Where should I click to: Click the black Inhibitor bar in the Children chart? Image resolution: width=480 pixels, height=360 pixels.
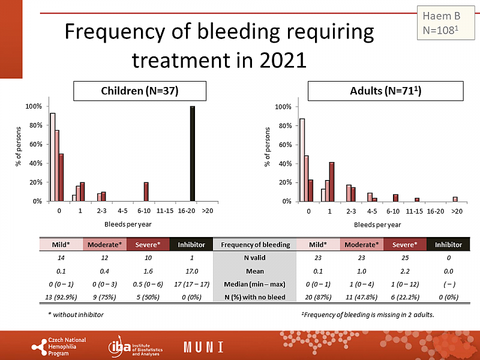193,154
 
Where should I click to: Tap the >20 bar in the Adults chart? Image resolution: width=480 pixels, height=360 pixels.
455,199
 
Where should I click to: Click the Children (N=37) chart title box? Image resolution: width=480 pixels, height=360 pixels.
140,91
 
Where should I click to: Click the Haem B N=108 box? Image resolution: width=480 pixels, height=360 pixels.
441,22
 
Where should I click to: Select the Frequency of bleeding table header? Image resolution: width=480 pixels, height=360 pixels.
255,244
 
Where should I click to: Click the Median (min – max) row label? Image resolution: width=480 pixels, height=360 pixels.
255,283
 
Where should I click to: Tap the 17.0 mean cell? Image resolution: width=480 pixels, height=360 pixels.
191,270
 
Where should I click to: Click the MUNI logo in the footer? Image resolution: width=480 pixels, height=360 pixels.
204,347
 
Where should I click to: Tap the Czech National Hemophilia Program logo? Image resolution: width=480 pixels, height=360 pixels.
59,346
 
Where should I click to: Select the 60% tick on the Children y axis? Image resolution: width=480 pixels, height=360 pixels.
34,144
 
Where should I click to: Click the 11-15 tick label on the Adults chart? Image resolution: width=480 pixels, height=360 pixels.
413,211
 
